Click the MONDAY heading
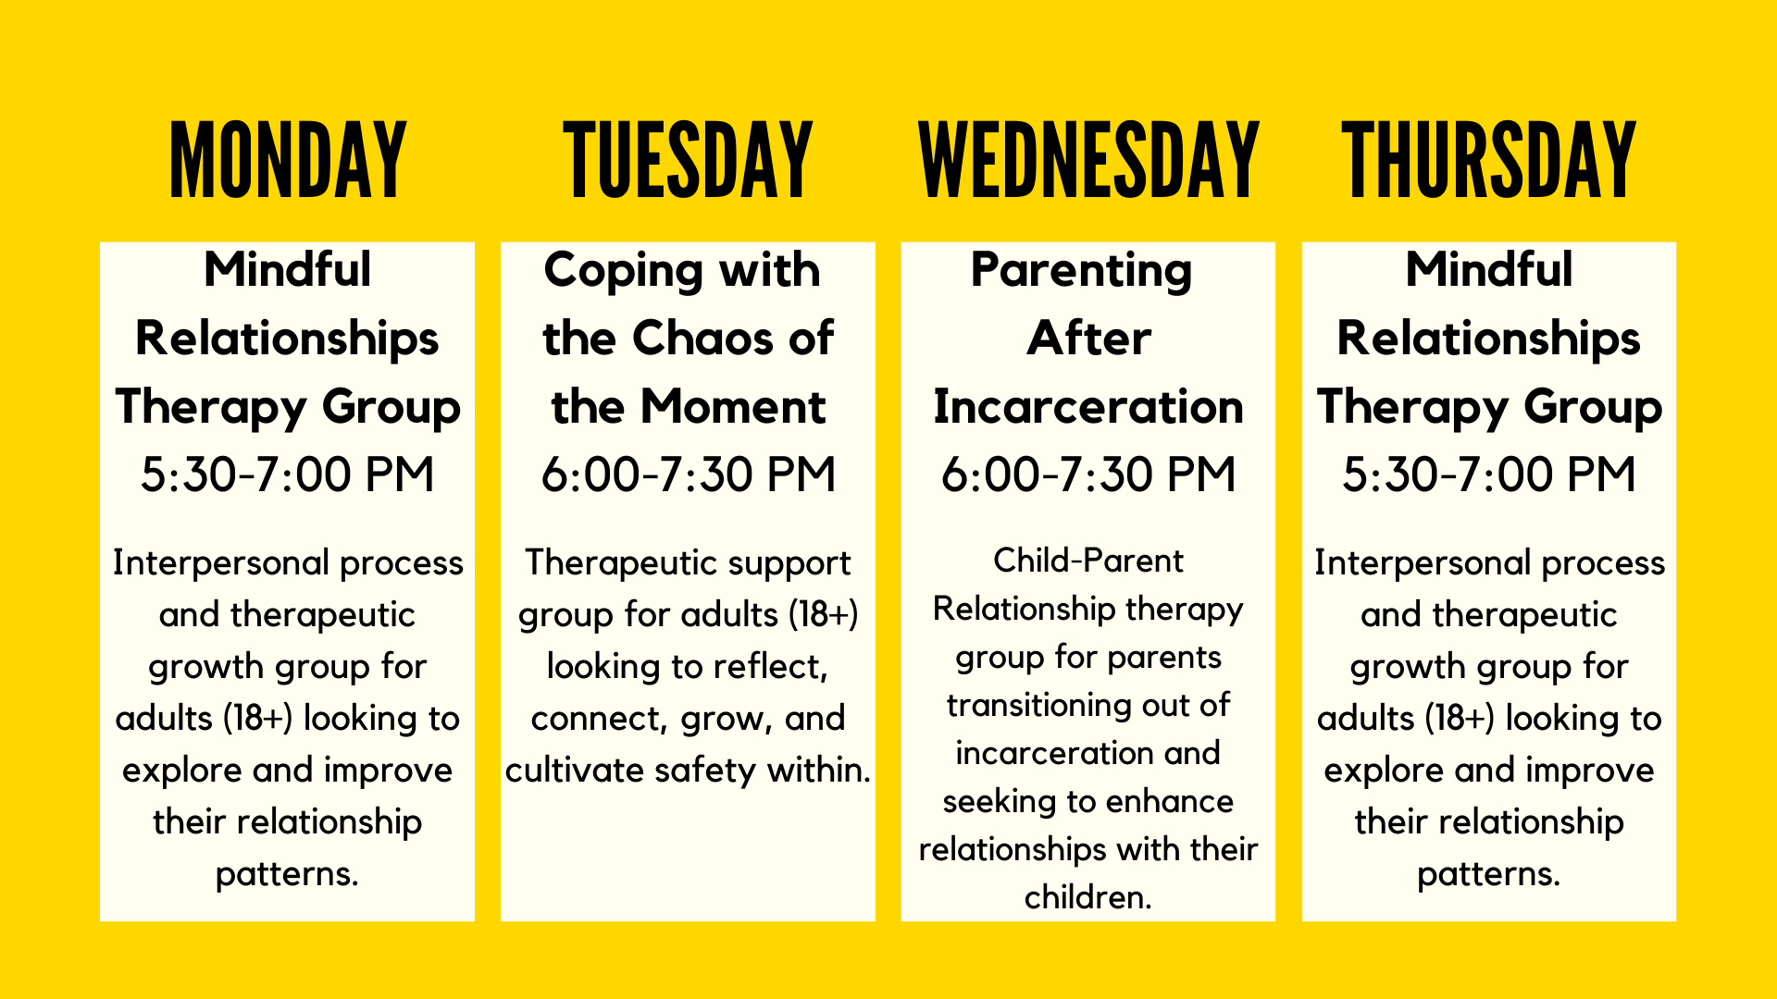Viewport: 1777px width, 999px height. pyautogui.click(x=288, y=159)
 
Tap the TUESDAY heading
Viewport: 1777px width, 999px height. pyautogui.click(x=688, y=159)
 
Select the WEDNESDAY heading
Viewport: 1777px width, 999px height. pyautogui.click(x=1088, y=159)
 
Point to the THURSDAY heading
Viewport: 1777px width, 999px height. pyautogui.click(x=1489, y=159)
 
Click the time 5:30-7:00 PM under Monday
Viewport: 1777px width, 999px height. pyautogui.click(x=288, y=475)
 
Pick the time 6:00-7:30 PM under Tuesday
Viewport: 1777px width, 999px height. pyautogui.click(x=689, y=475)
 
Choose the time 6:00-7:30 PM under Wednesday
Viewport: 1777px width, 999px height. pyautogui.click(x=1088, y=475)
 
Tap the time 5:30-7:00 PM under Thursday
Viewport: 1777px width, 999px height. pyautogui.click(x=1489, y=475)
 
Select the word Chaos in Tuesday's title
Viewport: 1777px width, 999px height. pyautogui.click(x=703, y=338)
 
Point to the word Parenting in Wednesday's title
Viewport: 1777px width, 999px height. pyautogui.click(x=1081, y=272)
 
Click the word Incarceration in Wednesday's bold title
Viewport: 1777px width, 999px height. pyautogui.click(x=1088, y=407)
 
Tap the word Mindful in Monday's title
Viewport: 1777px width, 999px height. pyautogui.click(x=288, y=269)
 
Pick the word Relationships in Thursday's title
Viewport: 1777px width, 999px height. pyautogui.click(x=1489, y=339)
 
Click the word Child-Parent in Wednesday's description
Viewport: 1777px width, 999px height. pyautogui.click(x=1088, y=561)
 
